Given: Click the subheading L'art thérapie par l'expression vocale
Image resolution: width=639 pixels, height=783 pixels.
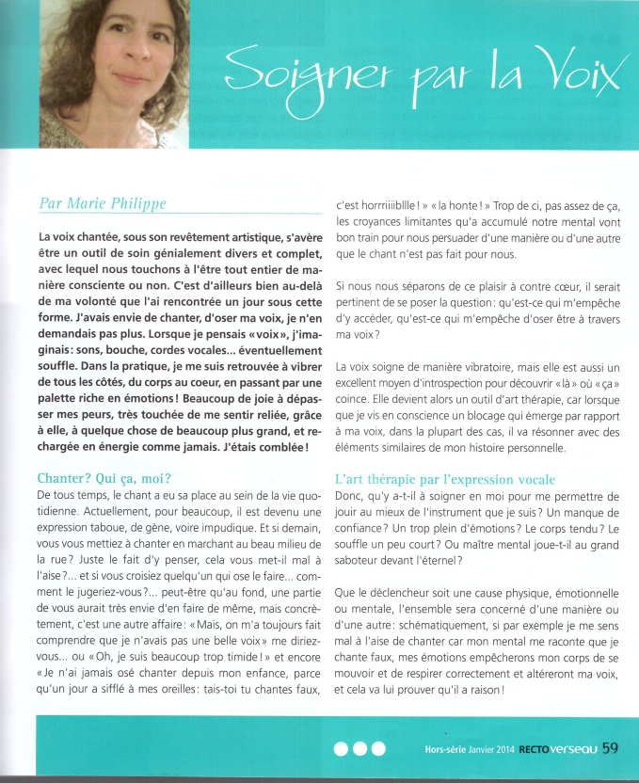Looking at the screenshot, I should pos(445,479).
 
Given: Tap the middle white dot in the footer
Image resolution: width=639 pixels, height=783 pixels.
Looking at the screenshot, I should pos(360,749).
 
